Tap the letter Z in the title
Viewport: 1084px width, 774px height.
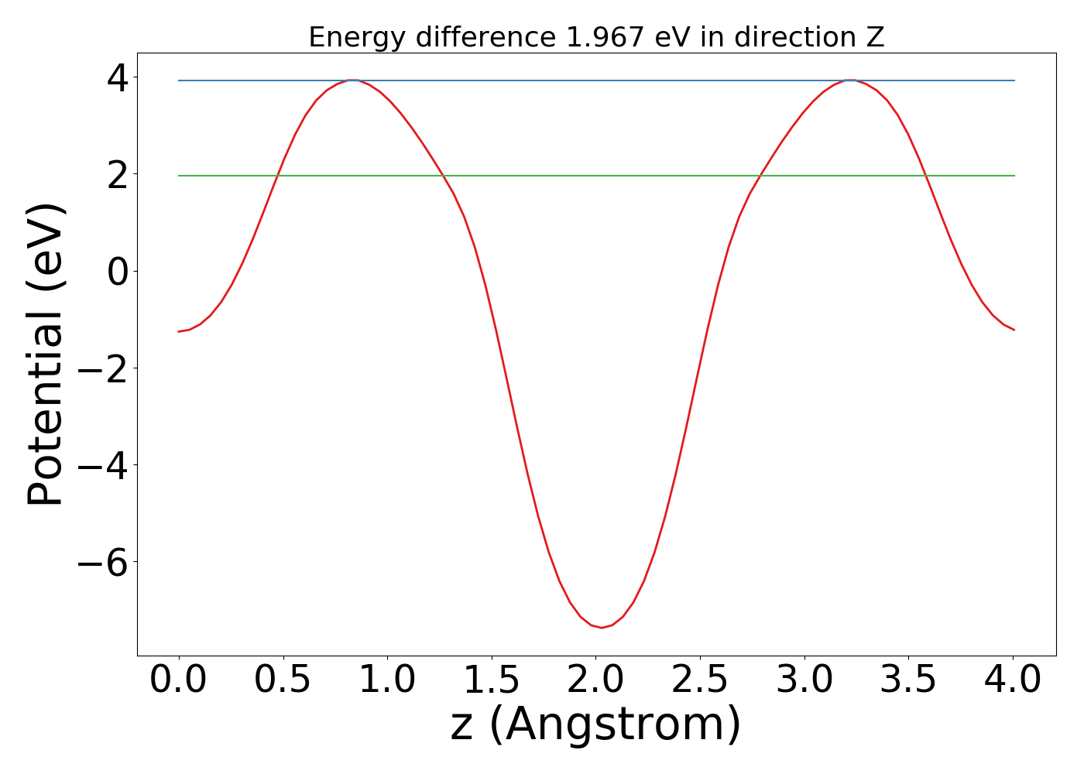[x=876, y=37]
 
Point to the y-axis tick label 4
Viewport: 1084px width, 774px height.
[x=118, y=77]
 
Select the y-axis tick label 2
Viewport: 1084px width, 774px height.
[x=118, y=174]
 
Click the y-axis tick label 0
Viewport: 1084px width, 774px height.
[x=118, y=271]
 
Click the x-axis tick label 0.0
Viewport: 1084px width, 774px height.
[x=178, y=681]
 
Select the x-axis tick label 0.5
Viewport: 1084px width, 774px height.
[x=283, y=681]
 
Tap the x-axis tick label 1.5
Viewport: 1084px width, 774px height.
[x=492, y=681]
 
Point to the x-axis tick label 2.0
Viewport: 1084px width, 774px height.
[x=595, y=681]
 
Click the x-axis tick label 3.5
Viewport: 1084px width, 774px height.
[x=908, y=681]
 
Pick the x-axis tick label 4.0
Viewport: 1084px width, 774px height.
[x=1013, y=681]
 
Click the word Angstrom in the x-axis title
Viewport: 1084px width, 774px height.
[x=616, y=725]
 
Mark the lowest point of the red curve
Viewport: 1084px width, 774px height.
[x=602, y=627]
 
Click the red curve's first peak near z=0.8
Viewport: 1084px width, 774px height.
[x=352, y=80]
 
